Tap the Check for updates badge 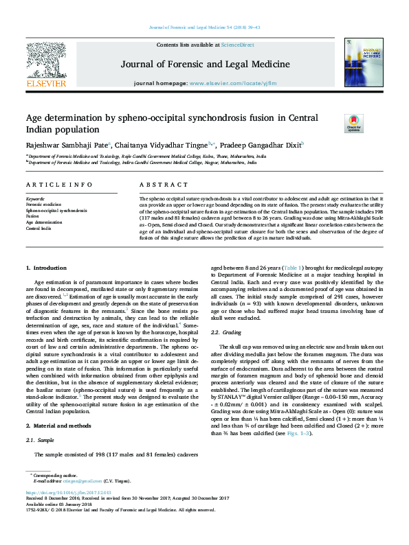tap(334, 123)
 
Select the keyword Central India tap(38, 229)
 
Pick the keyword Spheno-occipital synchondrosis tap(56, 210)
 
